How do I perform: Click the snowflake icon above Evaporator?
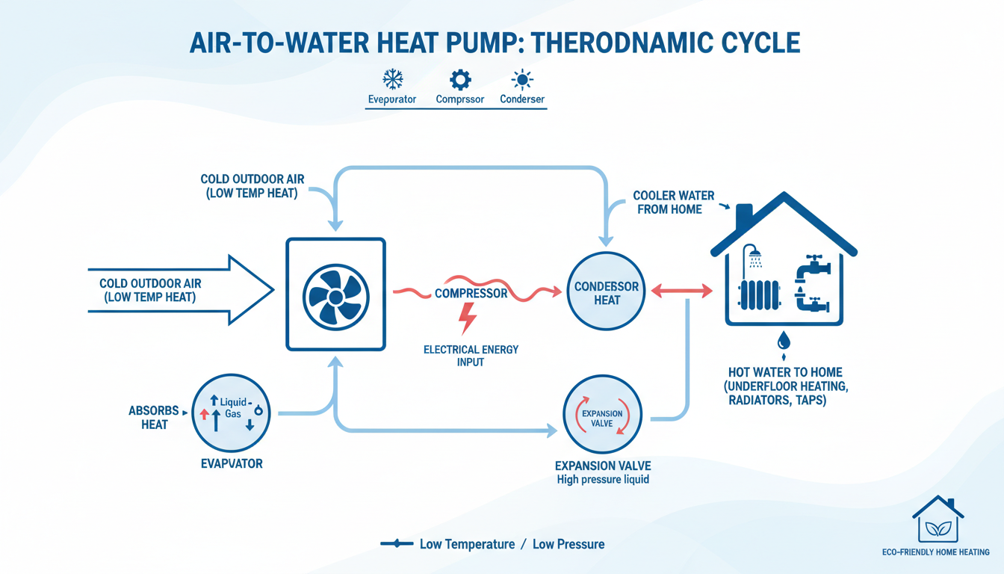click(392, 79)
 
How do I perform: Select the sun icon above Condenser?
click(521, 79)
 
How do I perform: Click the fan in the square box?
click(336, 295)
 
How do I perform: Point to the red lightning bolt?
click(468, 318)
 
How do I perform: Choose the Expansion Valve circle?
click(602, 417)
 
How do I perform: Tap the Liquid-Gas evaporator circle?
click(232, 412)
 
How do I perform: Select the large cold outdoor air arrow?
click(179, 290)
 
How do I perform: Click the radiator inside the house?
click(759, 295)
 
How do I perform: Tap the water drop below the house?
click(784, 341)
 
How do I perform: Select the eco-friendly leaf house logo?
click(938, 519)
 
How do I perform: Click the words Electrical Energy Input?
click(471, 356)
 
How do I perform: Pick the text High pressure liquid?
click(603, 479)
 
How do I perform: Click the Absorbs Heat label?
click(155, 418)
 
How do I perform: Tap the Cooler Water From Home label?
click(669, 202)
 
